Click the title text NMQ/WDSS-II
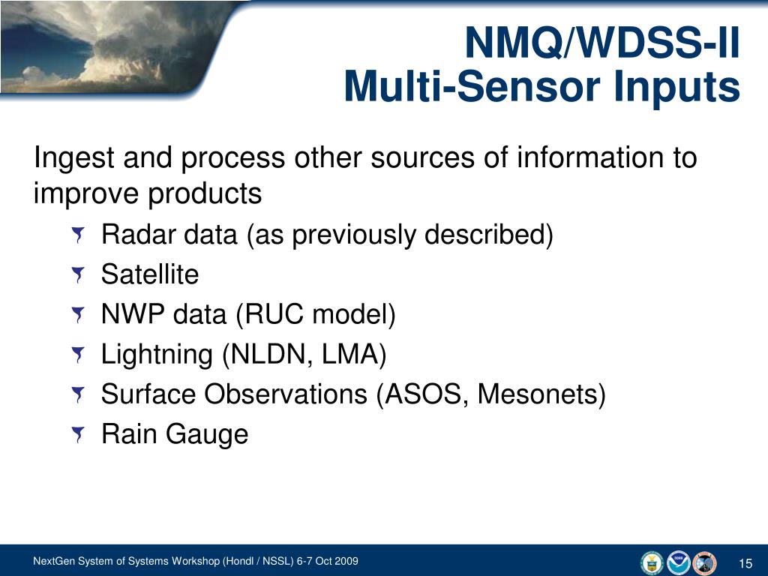coord(601,42)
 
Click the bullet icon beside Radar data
coord(78,237)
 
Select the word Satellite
coord(150,274)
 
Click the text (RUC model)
coord(316,315)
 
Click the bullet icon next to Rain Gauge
coord(78,435)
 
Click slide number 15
coord(745,564)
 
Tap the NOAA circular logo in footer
coord(678,562)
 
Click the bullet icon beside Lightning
coord(78,355)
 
